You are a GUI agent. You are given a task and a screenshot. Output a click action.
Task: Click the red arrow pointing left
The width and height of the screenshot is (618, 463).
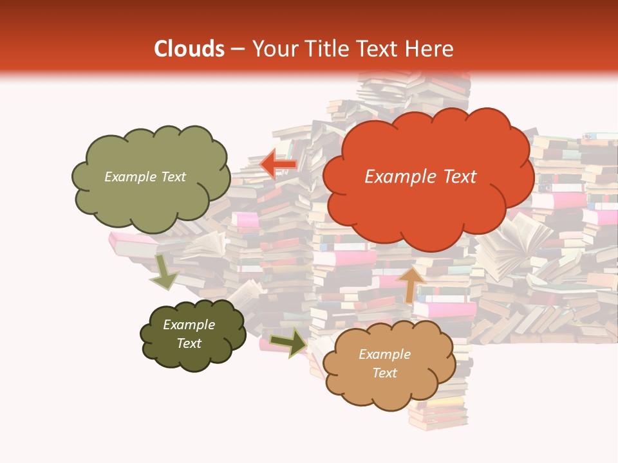tap(277, 165)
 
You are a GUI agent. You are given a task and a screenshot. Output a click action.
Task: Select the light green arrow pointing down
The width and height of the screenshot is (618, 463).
tap(164, 271)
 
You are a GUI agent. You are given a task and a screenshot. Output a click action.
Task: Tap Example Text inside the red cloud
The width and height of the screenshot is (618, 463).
tap(420, 177)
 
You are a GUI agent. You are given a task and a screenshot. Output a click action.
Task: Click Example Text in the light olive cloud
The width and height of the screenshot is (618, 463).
tap(145, 177)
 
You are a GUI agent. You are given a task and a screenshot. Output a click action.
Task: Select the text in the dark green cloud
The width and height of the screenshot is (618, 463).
tap(189, 334)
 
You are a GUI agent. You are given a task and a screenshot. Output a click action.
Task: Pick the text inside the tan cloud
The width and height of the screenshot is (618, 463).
tap(384, 363)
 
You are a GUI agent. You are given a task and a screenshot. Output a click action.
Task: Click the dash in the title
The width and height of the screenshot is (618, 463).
tap(238, 50)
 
